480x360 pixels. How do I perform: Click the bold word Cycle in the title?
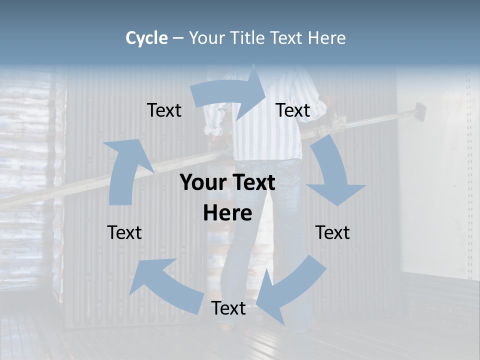146,38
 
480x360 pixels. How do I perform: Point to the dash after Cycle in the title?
178,38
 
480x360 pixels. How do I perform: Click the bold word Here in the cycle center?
227,213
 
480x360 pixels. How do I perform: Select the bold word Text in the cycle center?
253,182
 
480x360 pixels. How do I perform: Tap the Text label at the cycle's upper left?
164,110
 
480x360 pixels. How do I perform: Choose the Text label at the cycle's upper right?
293,110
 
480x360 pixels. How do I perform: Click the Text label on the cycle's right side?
332,232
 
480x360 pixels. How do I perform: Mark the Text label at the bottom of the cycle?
228,308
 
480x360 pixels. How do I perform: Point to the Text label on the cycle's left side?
124,232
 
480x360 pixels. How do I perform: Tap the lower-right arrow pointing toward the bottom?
290,290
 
